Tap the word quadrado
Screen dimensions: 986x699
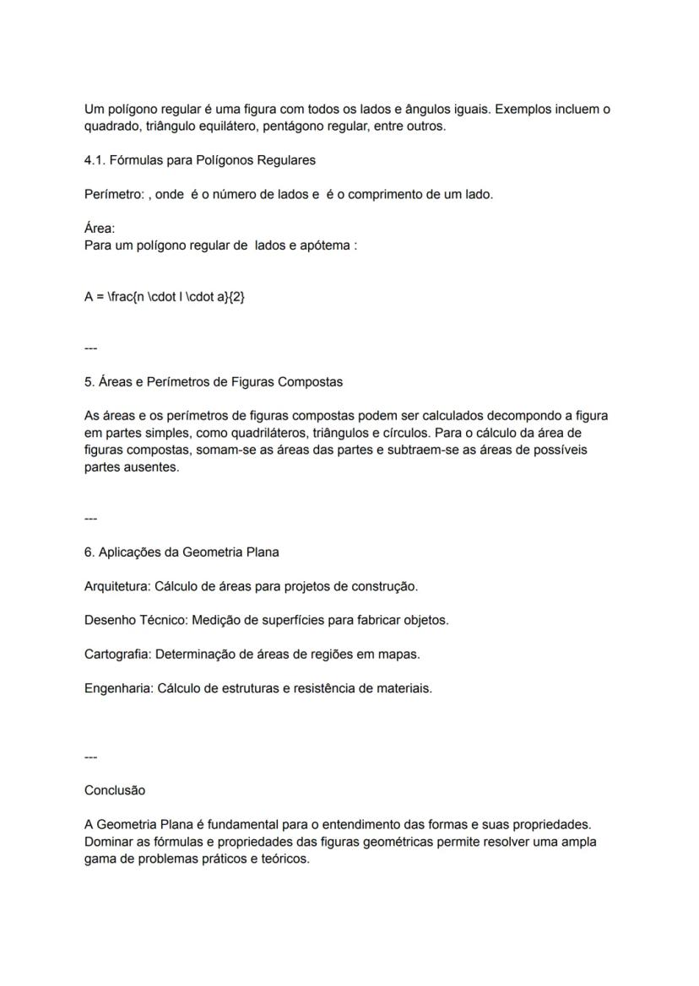(113, 127)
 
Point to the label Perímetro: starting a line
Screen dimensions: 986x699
(114, 194)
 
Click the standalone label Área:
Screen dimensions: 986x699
(100, 229)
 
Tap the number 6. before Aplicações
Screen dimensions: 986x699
(89, 552)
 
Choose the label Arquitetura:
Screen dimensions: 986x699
(118, 586)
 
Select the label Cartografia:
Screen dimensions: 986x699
(118, 654)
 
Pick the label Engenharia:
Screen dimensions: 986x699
(119, 688)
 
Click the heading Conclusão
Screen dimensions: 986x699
(115, 790)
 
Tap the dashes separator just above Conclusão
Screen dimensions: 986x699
(90, 757)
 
